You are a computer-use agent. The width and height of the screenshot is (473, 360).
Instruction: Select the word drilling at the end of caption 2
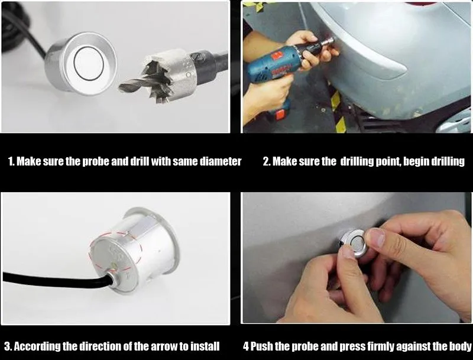[448, 161]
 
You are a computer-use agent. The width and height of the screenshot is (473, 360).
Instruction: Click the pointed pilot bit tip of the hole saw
[121, 88]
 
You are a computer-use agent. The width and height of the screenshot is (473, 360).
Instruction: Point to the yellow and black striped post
[337, 112]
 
